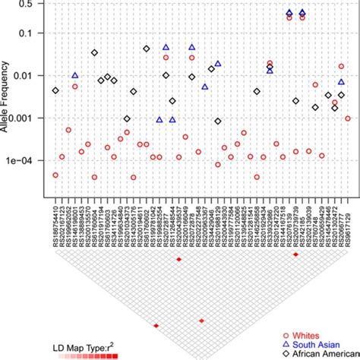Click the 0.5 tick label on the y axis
[31, 4]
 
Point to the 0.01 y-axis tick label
[31, 75]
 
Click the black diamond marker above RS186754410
[55, 90]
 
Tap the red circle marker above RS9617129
[348, 118]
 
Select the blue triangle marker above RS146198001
[75, 75]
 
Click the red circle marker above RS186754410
[55, 175]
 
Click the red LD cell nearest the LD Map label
[156, 326]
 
